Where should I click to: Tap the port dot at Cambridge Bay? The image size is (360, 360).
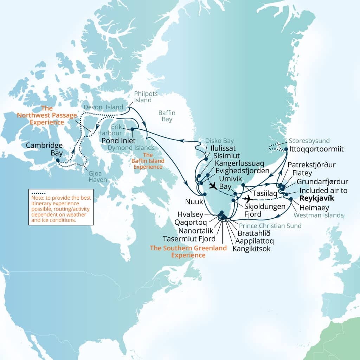point(58,160)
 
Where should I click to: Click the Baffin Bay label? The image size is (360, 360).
point(167,116)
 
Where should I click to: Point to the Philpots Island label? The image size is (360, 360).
point(146,97)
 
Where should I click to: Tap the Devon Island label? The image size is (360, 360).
point(104,107)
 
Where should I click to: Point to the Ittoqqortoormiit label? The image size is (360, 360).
point(316,149)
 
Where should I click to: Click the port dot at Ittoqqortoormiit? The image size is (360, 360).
point(286,149)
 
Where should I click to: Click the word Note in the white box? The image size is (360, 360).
point(37,198)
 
